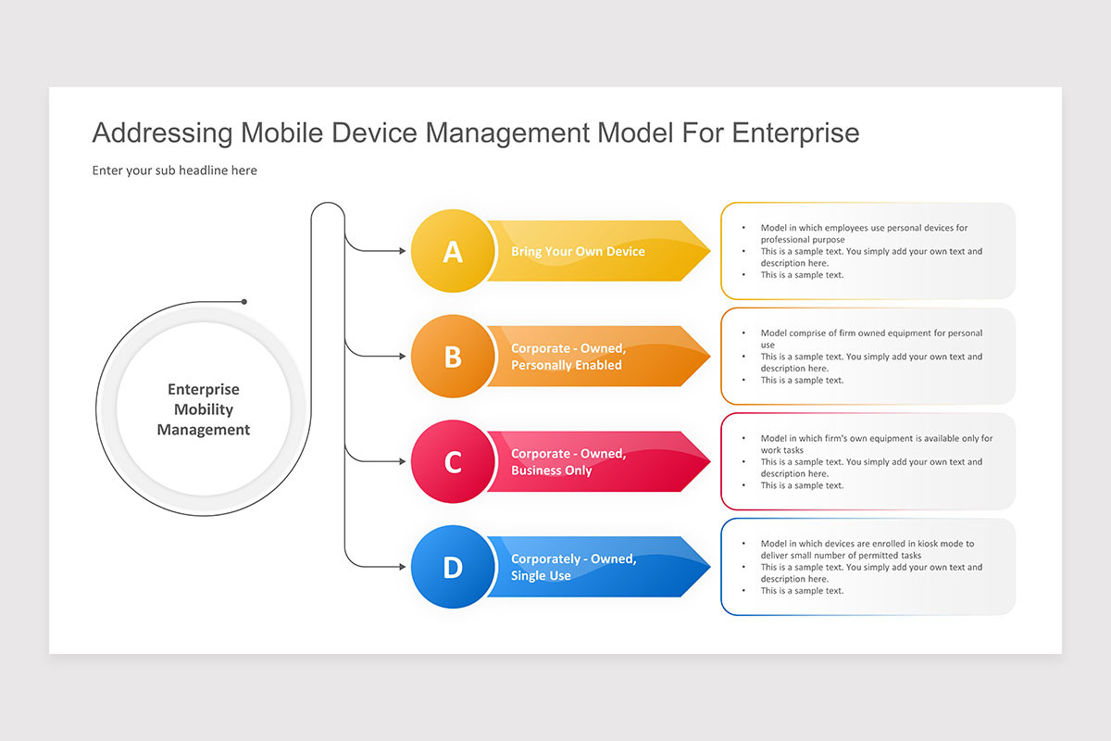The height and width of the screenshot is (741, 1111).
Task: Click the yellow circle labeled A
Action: [452, 251]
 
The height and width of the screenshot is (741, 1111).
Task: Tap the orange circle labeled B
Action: [452, 357]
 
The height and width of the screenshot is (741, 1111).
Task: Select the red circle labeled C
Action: [452, 462]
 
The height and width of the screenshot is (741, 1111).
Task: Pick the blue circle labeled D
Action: [452, 567]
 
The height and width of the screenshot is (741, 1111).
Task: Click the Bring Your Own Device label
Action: [578, 251]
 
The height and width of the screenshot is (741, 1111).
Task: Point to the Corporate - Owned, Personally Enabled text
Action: [568, 357]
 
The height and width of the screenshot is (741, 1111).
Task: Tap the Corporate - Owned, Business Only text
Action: [568, 462]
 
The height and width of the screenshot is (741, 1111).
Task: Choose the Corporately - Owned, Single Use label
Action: [573, 567]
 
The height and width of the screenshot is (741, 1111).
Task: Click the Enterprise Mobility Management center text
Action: [203, 409]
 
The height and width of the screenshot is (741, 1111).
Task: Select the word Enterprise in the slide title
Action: [795, 133]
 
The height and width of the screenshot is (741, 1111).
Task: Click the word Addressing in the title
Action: [162, 133]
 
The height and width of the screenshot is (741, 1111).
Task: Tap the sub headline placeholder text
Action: [174, 170]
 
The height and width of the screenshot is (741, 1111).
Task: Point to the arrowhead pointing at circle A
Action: [402, 251]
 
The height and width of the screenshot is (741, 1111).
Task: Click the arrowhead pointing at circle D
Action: [402, 567]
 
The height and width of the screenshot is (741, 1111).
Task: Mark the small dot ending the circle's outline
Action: [244, 302]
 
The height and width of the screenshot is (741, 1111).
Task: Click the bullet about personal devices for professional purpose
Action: [863, 233]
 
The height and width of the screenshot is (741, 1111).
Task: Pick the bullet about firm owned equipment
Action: [870, 338]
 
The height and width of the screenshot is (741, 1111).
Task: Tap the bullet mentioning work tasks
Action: [875, 444]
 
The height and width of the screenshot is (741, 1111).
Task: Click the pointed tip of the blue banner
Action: [708, 567]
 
